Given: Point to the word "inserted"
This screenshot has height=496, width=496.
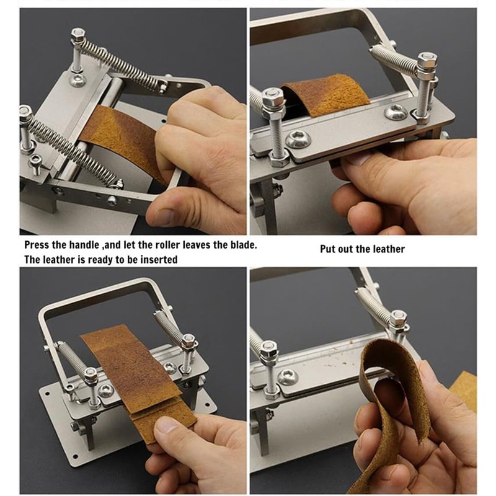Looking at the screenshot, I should pyautogui.click(x=157, y=260).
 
